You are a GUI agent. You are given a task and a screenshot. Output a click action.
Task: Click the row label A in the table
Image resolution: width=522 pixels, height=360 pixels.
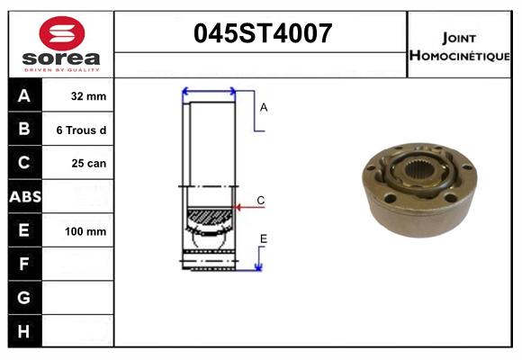pos(24,96)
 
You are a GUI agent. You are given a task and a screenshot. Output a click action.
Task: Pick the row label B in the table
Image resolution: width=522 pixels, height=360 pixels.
pos(24,130)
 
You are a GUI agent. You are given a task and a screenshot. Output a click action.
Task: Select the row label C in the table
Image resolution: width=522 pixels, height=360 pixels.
pos(24,163)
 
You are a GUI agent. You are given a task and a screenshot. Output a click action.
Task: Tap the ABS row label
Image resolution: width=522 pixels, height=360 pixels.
pos(24,197)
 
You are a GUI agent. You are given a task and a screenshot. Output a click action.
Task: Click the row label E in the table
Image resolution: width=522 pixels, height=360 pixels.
pos(24,230)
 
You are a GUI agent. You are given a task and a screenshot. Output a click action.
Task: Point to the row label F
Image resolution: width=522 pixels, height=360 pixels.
pos(24,264)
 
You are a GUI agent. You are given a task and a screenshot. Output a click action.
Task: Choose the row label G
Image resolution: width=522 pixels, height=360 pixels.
pos(24,297)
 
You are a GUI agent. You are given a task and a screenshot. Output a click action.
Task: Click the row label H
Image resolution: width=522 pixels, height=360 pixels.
pos(24,331)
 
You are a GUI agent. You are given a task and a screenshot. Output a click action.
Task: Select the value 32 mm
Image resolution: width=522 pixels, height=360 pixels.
pos(88,96)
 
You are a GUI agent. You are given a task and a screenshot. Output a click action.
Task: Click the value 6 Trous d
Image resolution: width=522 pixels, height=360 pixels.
pos(81,130)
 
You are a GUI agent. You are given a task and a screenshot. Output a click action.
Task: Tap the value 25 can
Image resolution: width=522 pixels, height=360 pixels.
pos(88,164)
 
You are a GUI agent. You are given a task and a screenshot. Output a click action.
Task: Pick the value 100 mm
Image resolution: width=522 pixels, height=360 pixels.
pos(85,231)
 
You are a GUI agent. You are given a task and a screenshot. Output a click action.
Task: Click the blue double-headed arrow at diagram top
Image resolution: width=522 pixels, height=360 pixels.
pos(209,91)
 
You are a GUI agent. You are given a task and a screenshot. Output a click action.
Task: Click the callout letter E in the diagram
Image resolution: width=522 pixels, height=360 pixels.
pos(263,238)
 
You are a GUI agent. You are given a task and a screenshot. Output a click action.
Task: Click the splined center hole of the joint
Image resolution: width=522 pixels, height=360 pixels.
pos(419,170)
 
